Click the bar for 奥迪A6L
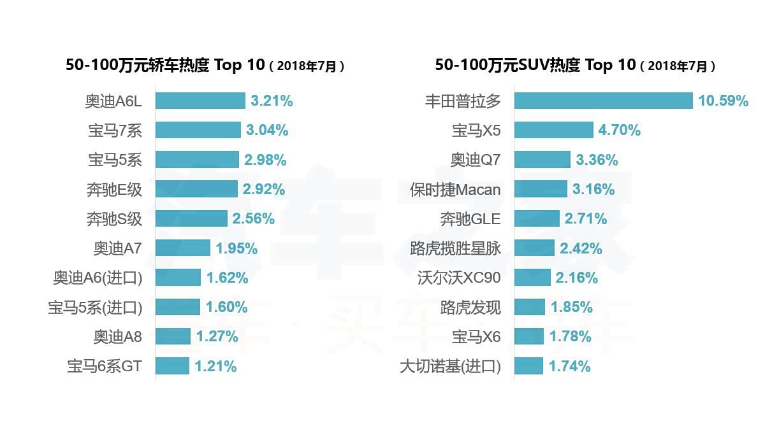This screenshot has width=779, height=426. pos(200,101)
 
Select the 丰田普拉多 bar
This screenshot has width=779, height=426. pos(603,101)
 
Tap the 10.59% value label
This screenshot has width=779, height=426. pos(723,101)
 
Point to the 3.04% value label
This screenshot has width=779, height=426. pos(267,131)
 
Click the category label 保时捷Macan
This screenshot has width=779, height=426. pos(455,190)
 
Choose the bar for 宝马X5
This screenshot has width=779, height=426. pos(553,131)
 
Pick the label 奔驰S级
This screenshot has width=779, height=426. pos(114,219)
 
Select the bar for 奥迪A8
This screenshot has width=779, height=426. pos(173,336)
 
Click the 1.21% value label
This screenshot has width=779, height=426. pos(215,366)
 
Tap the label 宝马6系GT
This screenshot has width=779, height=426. pos(105,366)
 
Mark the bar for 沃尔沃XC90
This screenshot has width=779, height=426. pos(532,278)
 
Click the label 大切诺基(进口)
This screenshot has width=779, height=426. pos(450,366)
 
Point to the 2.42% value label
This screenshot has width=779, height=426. pos(581,248)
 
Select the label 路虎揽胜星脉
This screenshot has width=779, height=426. pos(455,248)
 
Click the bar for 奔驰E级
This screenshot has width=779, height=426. pos(196,189)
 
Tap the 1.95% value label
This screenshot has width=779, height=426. pos(237,248)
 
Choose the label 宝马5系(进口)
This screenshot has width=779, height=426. pos(95,308)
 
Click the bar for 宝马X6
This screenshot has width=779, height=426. pos(528,336)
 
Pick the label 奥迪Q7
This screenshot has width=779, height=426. pos(476,160)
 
